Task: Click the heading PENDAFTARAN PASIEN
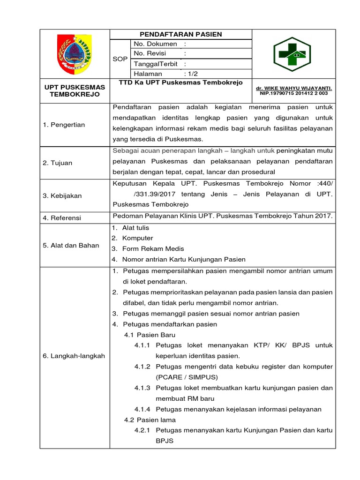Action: (181, 34)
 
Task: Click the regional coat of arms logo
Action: (75, 53)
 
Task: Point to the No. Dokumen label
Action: (155, 44)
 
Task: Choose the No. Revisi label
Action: (150, 53)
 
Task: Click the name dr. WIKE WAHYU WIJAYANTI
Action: (294, 88)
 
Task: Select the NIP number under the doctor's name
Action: (294, 93)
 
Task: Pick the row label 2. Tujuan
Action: (57, 163)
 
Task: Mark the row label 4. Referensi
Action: (62, 218)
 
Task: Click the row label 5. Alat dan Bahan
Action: (71, 245)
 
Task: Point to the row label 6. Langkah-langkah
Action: (74, 356)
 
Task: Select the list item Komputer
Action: (137, 238)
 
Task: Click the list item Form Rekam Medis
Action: (153, 248)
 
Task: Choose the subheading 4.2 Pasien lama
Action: (150, 420)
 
